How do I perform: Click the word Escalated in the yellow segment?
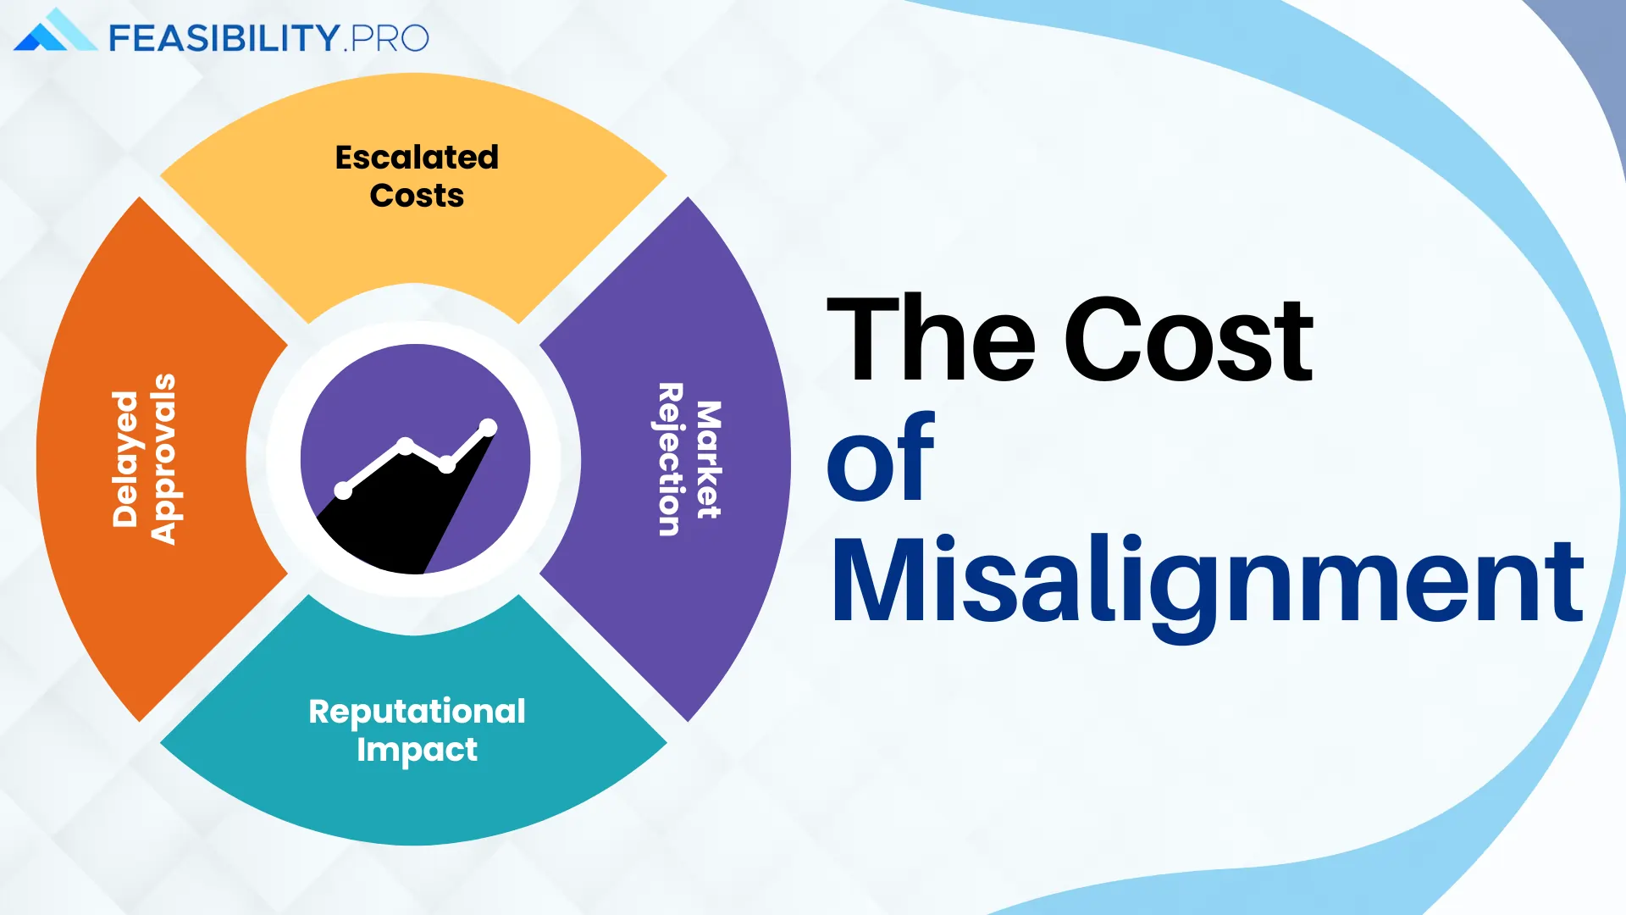click(x=417, y=158)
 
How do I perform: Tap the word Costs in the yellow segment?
click(x=417, y=196)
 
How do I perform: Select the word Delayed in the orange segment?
click(x=125, y=459)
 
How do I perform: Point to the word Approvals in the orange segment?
click(x=163, y=458)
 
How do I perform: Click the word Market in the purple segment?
click(x=708, y=459)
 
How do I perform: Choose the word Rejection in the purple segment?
click(x=670, y=459)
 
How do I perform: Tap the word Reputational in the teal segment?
click(x=417, y=713)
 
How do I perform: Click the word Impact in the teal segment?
click(x=417, y=751)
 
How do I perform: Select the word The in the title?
click(x=931, y=338)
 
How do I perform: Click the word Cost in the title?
click(x=1188, y=339)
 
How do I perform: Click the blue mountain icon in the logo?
click(x=55, y=30)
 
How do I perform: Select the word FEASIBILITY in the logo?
click(x=224, y=38)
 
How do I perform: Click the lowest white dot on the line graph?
click(x=343, y=491)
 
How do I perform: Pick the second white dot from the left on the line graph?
click(x=405, y=446)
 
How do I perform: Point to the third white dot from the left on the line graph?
click(x=446, y=464)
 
